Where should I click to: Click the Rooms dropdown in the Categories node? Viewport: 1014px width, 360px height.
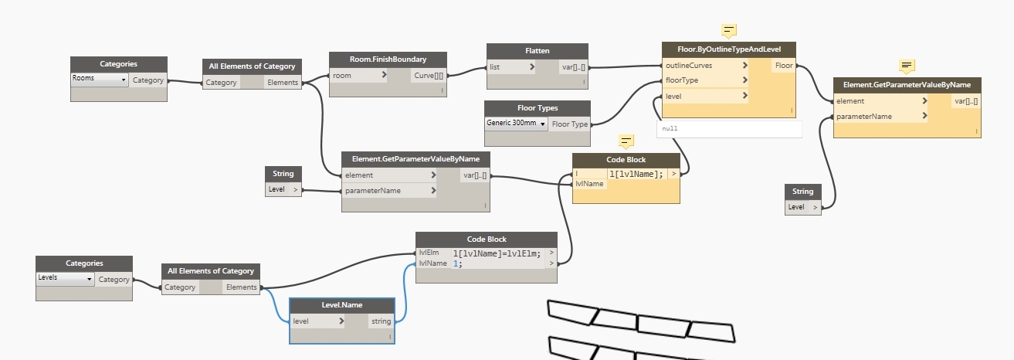100,79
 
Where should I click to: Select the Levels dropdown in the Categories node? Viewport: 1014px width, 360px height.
66,278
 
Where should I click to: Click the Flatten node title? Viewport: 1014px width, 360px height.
538,51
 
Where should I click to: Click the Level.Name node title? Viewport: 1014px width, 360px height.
341,305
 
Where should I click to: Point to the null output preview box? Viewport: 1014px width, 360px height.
729,128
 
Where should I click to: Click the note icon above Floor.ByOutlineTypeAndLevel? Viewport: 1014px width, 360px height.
728,31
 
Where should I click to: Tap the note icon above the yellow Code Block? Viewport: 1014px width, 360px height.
626,141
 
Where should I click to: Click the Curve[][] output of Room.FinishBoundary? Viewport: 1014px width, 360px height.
429,75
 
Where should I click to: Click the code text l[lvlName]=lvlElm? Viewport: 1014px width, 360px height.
497,253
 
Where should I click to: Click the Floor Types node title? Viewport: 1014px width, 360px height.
538,108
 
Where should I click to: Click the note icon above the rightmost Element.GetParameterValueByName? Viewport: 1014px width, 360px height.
907,66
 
